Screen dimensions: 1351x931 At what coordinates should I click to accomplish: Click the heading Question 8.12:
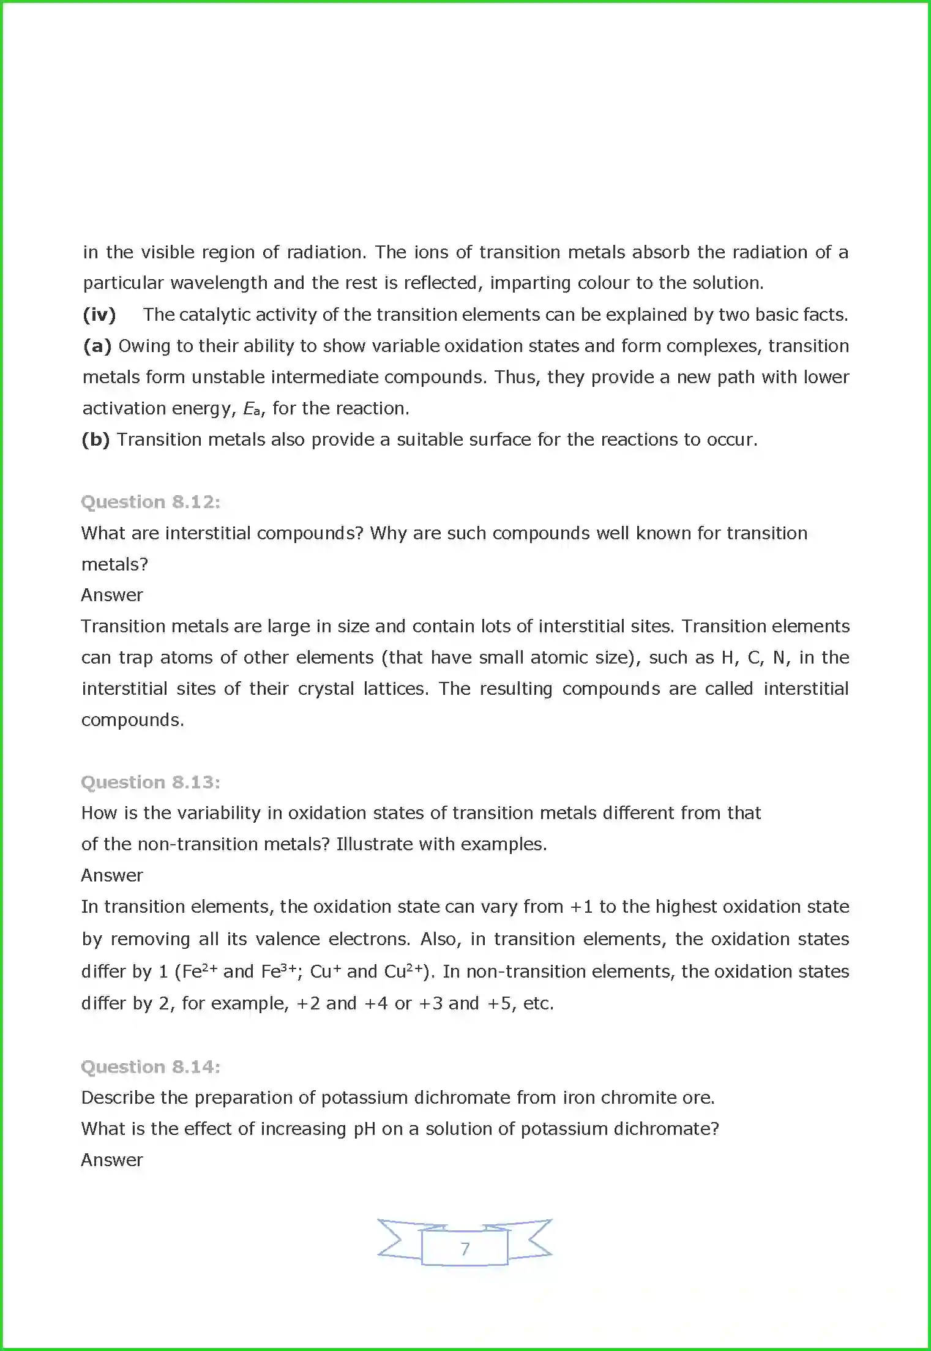(151, 502)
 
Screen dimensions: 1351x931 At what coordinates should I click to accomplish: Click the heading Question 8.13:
(151, 782)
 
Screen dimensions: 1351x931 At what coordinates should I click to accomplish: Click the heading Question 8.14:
(151, 1067)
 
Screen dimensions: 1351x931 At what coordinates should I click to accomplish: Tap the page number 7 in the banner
(465, 1249)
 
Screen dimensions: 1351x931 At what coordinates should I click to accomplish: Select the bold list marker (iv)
(99, 315)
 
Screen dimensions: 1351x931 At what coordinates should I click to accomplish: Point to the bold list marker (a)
(97, 346)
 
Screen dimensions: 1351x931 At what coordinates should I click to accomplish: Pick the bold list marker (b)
(95, 440)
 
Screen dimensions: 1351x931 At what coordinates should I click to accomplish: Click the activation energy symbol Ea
(251, 409)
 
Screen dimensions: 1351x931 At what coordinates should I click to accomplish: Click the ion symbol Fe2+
(200, 971)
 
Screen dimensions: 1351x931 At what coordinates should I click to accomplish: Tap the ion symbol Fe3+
(279, 971)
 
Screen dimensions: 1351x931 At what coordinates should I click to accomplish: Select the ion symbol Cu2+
(404, 971)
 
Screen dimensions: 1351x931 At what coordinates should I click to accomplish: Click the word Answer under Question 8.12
(112, 595)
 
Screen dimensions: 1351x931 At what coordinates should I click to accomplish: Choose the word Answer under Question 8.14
(112, 1160)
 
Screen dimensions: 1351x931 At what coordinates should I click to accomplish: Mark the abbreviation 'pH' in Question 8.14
(365, 1129)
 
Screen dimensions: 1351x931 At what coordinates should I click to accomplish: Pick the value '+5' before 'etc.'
(499, 1003)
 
